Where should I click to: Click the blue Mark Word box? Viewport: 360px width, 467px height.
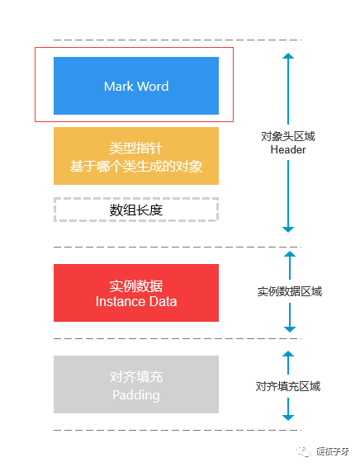[x=136, y=86]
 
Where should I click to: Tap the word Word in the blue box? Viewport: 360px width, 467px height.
[x=154, y=87]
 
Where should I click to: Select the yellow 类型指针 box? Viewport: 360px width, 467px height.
[x=136, y=156]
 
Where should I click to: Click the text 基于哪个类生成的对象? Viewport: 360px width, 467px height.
[x=136, y=166]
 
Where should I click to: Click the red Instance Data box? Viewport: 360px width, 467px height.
[x=136, y=293]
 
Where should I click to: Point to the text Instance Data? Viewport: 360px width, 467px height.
[x=136, y=302]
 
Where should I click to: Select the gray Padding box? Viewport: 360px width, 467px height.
[x=136, y=384]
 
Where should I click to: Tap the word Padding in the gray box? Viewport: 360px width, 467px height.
[x=136, y=395]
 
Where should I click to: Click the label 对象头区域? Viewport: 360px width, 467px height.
[x=288, y=136]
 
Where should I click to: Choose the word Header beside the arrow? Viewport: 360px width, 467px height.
[x=288, y=149]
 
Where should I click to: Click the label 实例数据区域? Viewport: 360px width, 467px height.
[x=290, y=291]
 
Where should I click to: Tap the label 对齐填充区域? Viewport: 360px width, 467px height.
[x=288, y=386]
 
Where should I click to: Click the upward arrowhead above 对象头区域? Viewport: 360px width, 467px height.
[x=288, y=56]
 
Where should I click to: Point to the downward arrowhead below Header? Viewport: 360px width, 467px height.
[x=288, y=229]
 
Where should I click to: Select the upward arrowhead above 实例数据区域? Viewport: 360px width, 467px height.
[x=290, y=254]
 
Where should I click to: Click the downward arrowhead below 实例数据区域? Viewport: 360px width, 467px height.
[x=290, y=329]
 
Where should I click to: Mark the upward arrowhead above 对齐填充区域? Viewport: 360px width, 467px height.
[x=288, y=354]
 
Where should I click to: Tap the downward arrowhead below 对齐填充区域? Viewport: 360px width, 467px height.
[x=288, y=417]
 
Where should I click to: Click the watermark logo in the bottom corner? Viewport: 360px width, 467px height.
[x=304, y=451]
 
